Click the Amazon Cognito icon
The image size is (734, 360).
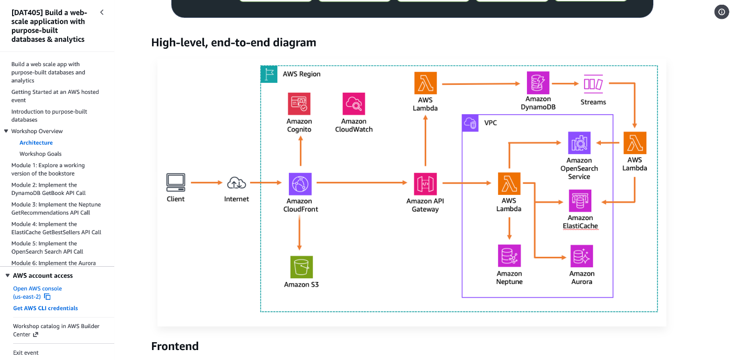click(x=299, y=104)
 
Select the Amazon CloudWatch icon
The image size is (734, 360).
click(x=354, y=104)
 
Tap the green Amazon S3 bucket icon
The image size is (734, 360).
click(x=301, y=267)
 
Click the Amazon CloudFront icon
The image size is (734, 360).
click(x=300, y=184)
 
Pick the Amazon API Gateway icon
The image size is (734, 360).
click(x=425, y=184)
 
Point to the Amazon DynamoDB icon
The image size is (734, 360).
click(x=538, y=83)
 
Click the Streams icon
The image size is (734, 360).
click(x=593, y=84)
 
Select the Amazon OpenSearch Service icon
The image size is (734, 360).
click(x=579, y=143)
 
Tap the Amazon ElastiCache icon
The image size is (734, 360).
click(x=580, y=200)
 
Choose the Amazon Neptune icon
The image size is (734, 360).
click(x=509, y=256)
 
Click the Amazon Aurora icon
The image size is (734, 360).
click(x=581, y=256)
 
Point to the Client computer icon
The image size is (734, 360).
click(x=176, y=182)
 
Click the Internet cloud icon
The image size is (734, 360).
click(x=236, y=183)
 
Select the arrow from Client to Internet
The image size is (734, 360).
click(x=206, y=183)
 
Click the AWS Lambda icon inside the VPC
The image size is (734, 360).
click(x=509, y=184)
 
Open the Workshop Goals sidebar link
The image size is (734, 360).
click(x=40, y=154)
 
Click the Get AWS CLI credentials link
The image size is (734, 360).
click(x=46, y=308)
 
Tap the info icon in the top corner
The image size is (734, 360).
click(x=721, y=12)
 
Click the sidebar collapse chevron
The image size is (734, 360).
click(x=102, y=12)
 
